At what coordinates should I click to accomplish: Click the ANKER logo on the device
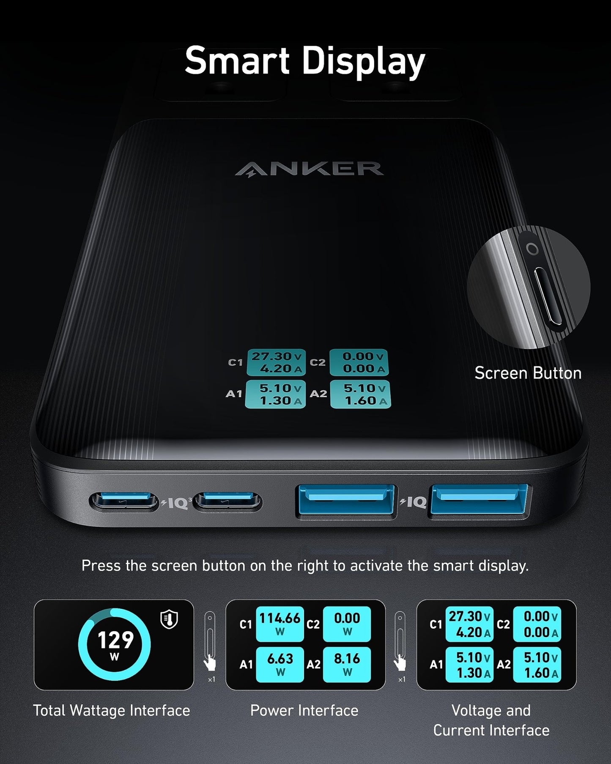pyautogui.click(x=309, y=169)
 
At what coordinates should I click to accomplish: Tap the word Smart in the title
pyautogui.click(x=237, y=61)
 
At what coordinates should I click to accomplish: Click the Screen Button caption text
pyautogui.click(x=528, y=373)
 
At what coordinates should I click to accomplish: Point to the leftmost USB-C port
pyautogui.click(x=123, y=502)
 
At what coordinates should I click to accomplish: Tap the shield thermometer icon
pyautogui.click(x=169, y=619)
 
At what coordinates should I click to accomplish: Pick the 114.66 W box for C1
pyautogui.click(x=279, y=624)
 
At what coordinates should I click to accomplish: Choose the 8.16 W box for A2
pyautogui.click(x=347, y=664)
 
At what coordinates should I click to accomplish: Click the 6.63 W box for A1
pyautogui.click(x=279, y=664)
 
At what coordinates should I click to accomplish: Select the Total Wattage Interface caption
pyautogui.click(x=111, y=710)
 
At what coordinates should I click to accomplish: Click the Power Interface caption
pyautogui.click(x=304, y=710)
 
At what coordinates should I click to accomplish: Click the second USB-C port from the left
pyautogui.click(x=227, y=502)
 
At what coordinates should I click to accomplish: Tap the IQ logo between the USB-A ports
pyautogui.click(x=414, y=502)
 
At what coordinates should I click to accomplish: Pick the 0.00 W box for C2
pyautogui.click(x=347, y=624)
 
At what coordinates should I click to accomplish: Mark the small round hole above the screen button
pyautogui.click(x=532, y=249)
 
